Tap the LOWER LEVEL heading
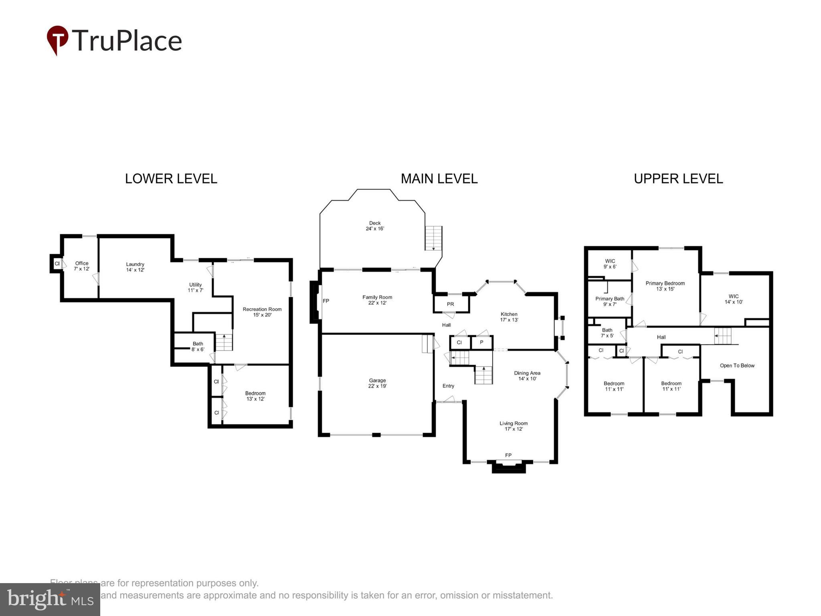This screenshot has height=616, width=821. point(171,178)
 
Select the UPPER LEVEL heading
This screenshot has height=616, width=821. point(678,178)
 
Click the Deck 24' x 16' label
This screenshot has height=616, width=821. point(375,226)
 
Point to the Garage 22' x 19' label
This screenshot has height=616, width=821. point(377,383)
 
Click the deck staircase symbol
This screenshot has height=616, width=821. point(433,238)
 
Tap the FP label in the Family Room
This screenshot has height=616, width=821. point(326,301)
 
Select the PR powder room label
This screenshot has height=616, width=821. point(450,304)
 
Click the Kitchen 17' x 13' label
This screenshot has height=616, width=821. point(509,317)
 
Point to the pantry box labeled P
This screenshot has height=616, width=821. point(481,342)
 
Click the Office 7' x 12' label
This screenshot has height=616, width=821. point(81,266)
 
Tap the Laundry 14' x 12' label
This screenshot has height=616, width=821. point(135,267)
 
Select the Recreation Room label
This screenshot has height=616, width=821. point(262,312)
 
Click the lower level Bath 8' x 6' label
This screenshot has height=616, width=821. point(198,346)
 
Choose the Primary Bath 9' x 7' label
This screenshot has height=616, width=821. point(610,301)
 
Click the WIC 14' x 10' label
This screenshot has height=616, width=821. point(734,299)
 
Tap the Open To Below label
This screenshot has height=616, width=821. point(737,365)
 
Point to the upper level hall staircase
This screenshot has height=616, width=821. point(723,336)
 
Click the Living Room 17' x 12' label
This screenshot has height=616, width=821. point(514,426)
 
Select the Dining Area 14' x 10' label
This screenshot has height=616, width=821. point(527,376)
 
